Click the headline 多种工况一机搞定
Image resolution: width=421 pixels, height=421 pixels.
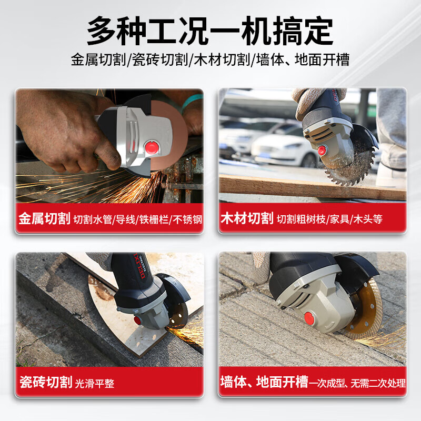coord(210,30)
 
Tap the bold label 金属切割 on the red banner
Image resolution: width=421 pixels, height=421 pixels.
coord(44,219)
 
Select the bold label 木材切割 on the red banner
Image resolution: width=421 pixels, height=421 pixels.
coord(246,219)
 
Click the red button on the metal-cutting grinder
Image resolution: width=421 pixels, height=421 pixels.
coord(153,147)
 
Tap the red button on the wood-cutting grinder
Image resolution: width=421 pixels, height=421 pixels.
coord(322,151)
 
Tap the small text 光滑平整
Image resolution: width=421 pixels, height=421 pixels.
coord(95,383)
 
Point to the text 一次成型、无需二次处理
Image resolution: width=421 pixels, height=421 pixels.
coord(358,383)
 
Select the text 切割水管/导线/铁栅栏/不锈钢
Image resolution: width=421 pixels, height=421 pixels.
coord(137,219)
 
